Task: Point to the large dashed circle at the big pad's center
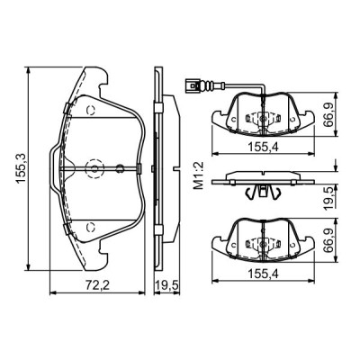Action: (x=94, y=168)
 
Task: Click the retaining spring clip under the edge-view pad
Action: (x=262, y=190)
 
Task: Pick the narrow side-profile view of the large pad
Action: (x=158, y=168)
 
